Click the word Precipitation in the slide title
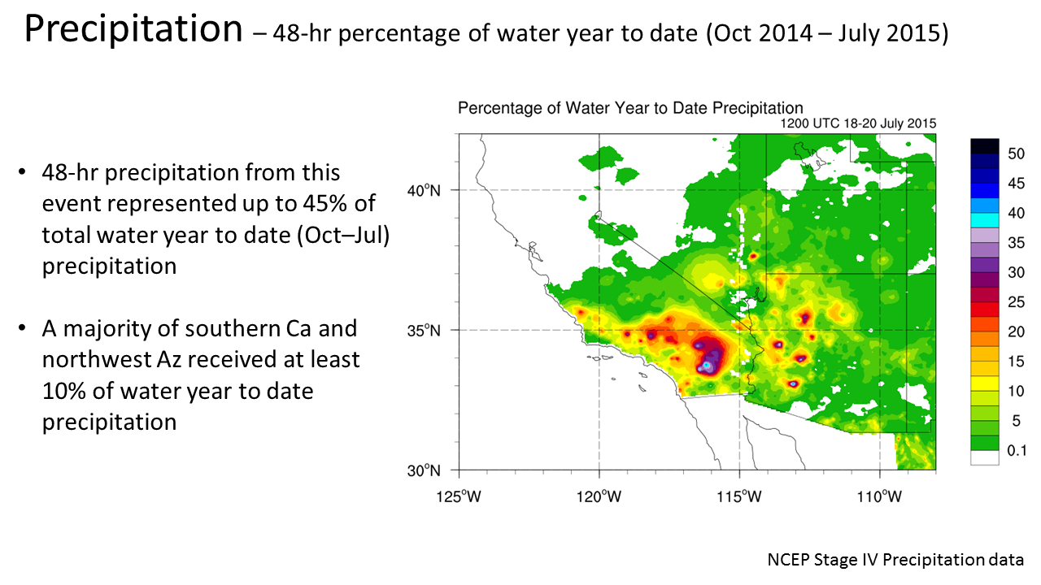tap(133, 31)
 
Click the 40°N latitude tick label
tap(424, 190)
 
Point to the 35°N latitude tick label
tap(424, 331)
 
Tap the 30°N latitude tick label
tap(424, 470)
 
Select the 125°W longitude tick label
tap(460, 492)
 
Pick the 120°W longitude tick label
tap(599, 492)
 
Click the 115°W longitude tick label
tap(739, 492)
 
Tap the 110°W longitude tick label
tap(880, 492)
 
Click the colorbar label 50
tap(1016, 154)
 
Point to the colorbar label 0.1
tap(1017, 450)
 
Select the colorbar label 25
tap(1016, 301)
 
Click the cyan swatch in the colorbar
tap(984, 219)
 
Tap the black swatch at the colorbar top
tap(984, 145)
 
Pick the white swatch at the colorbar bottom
tap(984, 457)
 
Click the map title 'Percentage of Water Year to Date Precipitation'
tap(630, 108)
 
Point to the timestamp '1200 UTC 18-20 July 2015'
tap(858, 123)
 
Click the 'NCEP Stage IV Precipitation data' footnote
tap(895, 560)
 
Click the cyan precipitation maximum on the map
tap(708, 366)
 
